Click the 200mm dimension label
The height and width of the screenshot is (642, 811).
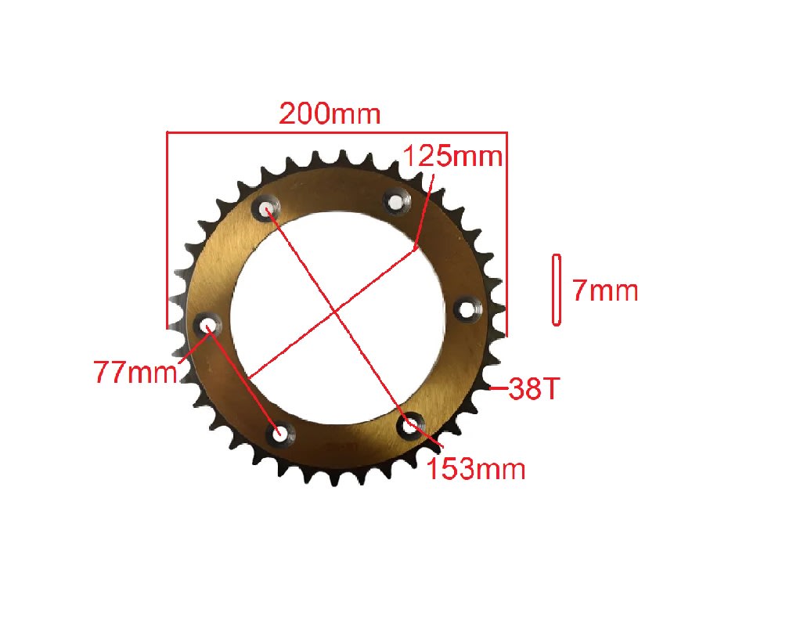pyautogui.click(x=330, y=114)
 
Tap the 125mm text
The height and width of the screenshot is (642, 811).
pyautogui.click(x=452, y=156)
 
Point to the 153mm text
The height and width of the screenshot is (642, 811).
pyautogui.click(x=476, y=468)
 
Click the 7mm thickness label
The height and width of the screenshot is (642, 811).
pyautogui.click(x=605, y=291)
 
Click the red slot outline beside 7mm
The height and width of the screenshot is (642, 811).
pyautogui.click(x=557, y=290)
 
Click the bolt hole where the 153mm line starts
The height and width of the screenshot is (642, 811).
pyautogui.click(x=267, y=210)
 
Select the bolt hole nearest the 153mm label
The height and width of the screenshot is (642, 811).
pyautogui.click(x=409, y=427)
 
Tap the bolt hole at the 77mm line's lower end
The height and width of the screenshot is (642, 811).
pyautogui.click(x=279, y=433)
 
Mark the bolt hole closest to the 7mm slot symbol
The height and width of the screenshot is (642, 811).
pyautogui.click(x=467, y=310)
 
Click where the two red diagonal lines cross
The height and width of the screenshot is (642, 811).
pyautogui.click(x=336, y=312)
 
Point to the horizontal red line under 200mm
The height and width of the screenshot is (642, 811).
pyautogui.click(x=337, y=132)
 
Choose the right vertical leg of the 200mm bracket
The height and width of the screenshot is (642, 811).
pyautogui.click(x=506, y=235)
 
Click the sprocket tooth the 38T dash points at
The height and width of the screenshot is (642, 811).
pyautogui.click(x=484, y=387)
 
